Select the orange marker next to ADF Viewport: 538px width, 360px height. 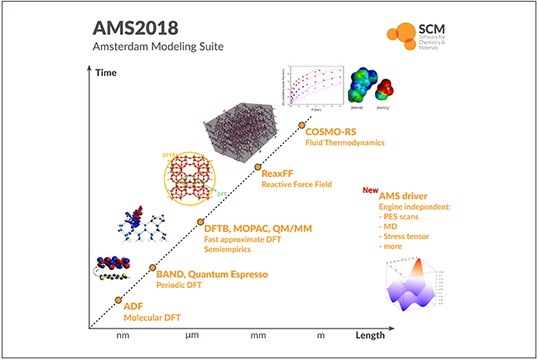[118, 300]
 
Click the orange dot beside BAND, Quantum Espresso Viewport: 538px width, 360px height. [152, 267]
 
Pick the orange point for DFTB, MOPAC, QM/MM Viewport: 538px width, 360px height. [199, 222]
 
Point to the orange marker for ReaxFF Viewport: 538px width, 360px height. [256, 167]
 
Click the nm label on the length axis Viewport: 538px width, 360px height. [123, 335]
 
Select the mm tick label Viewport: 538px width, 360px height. [258, 335]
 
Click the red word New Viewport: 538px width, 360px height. [369, 189]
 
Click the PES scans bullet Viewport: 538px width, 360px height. [407, 214]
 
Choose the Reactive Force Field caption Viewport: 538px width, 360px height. [296, 185]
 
